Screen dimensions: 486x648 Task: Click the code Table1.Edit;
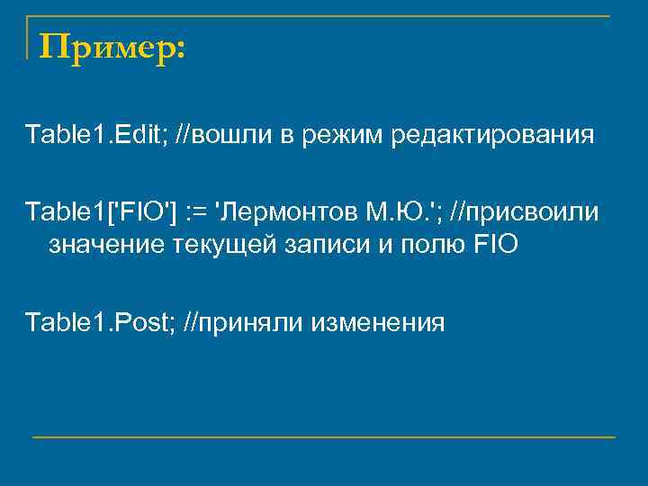coord(88,136)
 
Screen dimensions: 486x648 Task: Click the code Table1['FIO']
coord(101,214)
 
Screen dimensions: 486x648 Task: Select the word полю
coord(432,245)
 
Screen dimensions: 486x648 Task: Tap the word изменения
coord(378,321)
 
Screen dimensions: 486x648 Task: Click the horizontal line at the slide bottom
coord(324,437)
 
